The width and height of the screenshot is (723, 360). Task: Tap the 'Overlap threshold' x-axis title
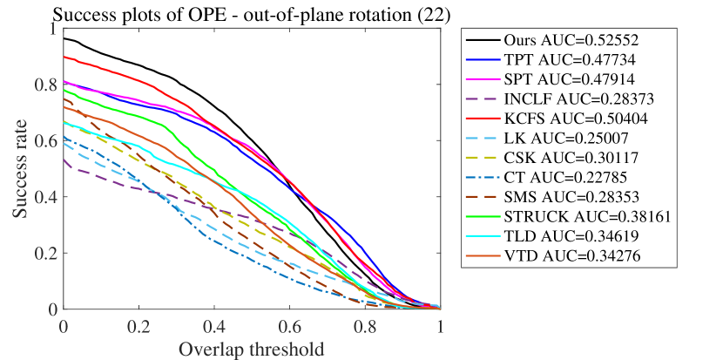coord(252,350)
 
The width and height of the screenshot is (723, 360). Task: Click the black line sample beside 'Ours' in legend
coord(483,41)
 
